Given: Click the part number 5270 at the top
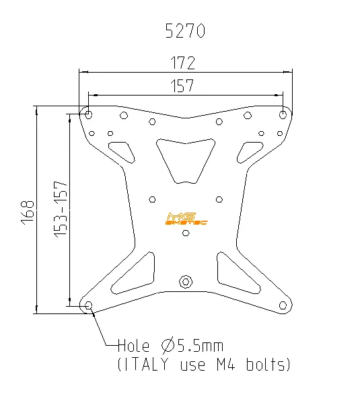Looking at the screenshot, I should pyautogui.click(x=185, y=31).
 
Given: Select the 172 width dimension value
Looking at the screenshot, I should pyautogui.click(x=182, y=63).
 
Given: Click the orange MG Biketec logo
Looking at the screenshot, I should pyautogui.click(x=185, y=219).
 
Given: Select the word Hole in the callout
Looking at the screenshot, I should pyautogui.click(x=134, y=346).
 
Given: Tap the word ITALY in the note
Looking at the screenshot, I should pyautogui.click(x=149, y=365).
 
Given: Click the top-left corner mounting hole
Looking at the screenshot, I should pyautogui.click(x=89, y=114).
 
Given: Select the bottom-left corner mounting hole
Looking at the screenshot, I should pyautogui.click(x=90, y=306).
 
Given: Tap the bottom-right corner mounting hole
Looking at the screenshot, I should pyautogui.click(x=283, y=306).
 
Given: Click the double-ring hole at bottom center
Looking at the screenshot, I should pyautogui.click(x=186, y=281).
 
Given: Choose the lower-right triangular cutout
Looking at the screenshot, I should pyautogui.click(x=236, y=272).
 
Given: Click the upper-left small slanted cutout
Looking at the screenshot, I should pyautogui.click(x=122, y=151).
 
